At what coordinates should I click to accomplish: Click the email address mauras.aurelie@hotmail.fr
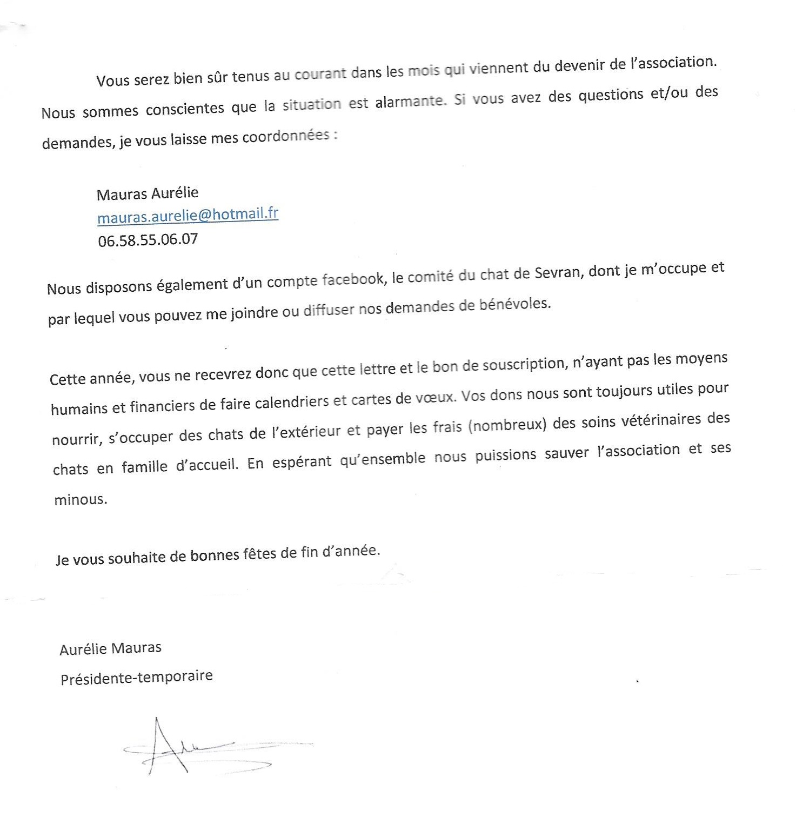(x=188, y=215)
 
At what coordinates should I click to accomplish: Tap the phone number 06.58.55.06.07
(x=148, y=239)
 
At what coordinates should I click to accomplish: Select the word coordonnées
(x=286, y=137)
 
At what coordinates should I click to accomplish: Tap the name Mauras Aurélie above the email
(x=148, y=193)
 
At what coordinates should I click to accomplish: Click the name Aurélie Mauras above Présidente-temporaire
(x=110, y=648)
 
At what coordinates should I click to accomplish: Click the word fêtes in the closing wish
(x=256, y=555)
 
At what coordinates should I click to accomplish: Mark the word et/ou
(x=661, y=93)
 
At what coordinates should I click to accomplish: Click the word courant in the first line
(x=320, y=74)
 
